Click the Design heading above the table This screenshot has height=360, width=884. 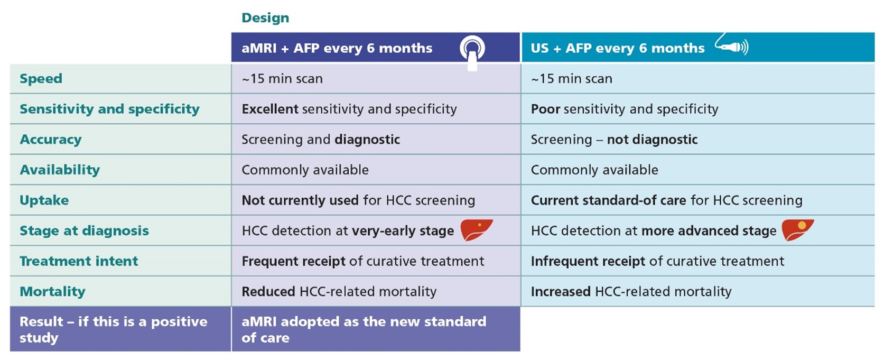tap(265, 18)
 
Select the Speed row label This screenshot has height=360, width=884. tap(41, 79)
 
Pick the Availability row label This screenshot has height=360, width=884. tap(60, 170)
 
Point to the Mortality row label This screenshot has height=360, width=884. tap(52, 291)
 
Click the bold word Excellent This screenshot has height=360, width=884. tap(270, 109)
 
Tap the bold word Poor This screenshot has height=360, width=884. tap(545, 109)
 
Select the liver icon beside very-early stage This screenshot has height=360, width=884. tap(477, 230)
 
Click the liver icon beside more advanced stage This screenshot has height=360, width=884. tap(797, 230)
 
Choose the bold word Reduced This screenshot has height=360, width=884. tap(268, 291)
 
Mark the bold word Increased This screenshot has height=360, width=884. tap(561, 291)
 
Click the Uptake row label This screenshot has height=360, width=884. tap(44, 200)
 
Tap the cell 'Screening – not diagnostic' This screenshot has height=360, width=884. tap(614, 140)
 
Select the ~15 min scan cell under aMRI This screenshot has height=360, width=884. tap(282, 79)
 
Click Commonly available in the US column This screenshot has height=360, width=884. tap(594, 170)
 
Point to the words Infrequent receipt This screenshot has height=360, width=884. tap(588, 261)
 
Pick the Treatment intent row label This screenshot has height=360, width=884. tap(79, 261)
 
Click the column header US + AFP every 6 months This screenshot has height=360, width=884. tap(618, 48)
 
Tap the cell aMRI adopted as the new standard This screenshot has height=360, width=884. tap(364, 329)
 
